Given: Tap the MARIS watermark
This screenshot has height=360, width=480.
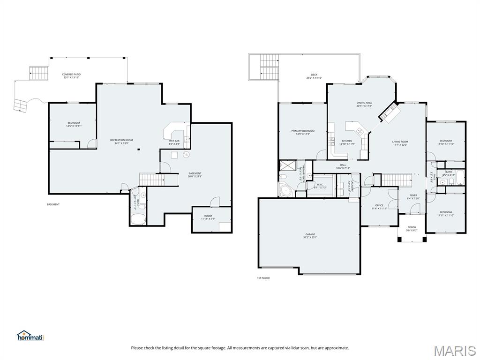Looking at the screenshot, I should pos(455,350).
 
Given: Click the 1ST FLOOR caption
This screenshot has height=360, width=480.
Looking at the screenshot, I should pos(263,278).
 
